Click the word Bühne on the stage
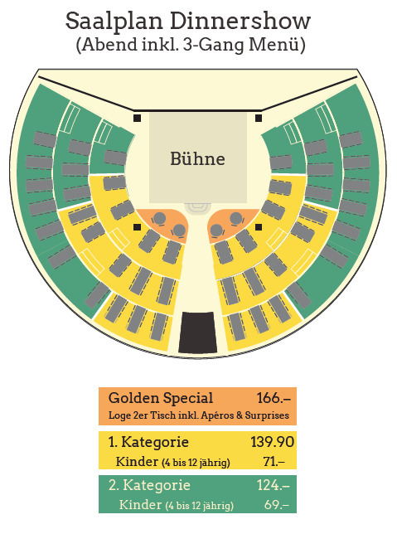[x=197, y=158]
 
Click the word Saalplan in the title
[x=114, y=22]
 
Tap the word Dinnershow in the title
[x=240, y=21]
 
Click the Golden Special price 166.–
[x=274, y=398]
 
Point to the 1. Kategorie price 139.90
[x=272, y=442]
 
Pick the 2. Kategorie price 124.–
[x=273, y=485]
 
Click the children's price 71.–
[x=274, y=462]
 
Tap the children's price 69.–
[x=277, y=504]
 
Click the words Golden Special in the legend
[x=161, y=398]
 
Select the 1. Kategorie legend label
[x=148, y=442]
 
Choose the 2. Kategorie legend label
[x=149, y=485]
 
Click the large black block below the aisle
[x=198, y=333]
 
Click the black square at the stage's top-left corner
[x=138, y=119]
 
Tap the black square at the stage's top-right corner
[x=259, y=119]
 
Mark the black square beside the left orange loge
[x=138, y=227]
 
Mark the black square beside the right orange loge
[x=259, y=227]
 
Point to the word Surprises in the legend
[x=267, y=415]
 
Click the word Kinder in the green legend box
[x=140, y=505]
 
